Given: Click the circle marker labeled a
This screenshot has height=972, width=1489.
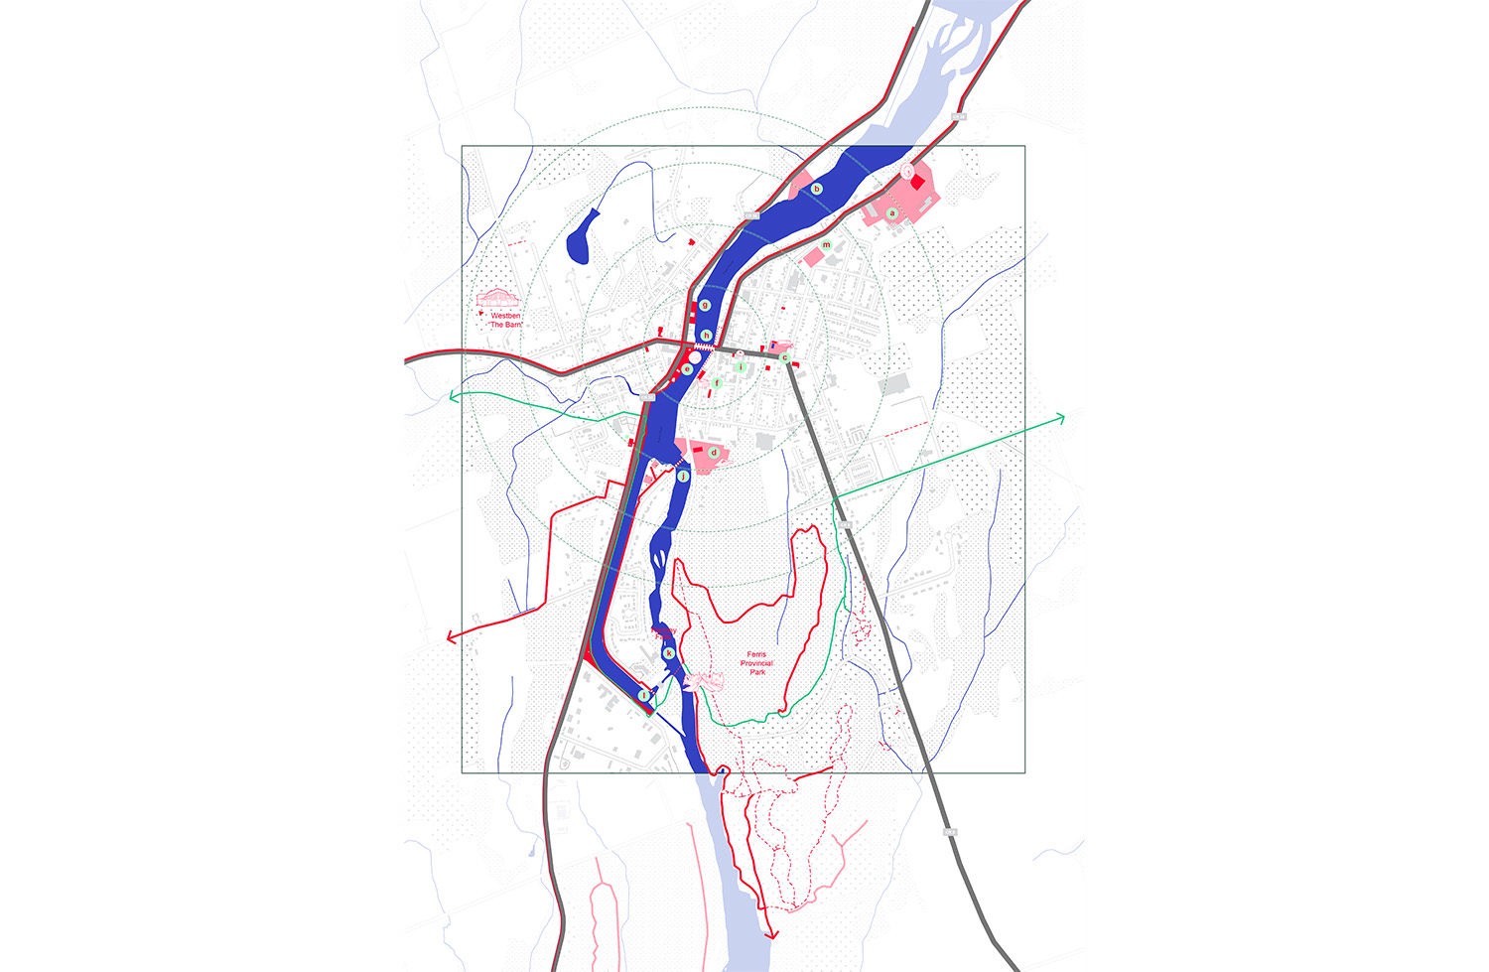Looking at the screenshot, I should coord(891,213).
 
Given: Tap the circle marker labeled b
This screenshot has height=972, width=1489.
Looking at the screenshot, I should coord(817,189).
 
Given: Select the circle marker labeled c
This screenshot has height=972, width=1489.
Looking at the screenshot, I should coord(784,357).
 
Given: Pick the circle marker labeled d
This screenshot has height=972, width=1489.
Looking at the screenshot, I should coord(713,453).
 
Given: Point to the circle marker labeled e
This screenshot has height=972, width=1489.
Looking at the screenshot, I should coord(686,369).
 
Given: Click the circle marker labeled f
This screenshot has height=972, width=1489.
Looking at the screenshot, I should coord(716,382).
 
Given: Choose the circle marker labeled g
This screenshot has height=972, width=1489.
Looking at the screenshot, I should coord(705,305).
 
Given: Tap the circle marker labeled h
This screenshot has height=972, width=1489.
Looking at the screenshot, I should coord(706,336).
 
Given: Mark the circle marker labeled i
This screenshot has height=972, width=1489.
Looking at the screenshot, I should coord(740,366).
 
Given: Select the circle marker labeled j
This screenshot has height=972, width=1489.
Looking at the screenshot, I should coord(683,477).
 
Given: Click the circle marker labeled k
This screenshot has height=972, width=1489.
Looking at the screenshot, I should coord(669,652).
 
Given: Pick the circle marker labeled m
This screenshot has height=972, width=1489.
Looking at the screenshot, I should coord(826,245).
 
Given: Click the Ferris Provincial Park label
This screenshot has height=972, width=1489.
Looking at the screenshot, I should coord(757,663).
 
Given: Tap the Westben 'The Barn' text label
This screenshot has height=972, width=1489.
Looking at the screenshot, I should coord(505,321).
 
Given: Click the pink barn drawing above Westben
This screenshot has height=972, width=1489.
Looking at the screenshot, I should coord(497,298).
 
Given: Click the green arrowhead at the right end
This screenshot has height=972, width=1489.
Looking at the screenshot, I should coord(1061,419).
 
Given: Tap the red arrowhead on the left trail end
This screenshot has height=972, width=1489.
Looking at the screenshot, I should coord(452,636).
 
